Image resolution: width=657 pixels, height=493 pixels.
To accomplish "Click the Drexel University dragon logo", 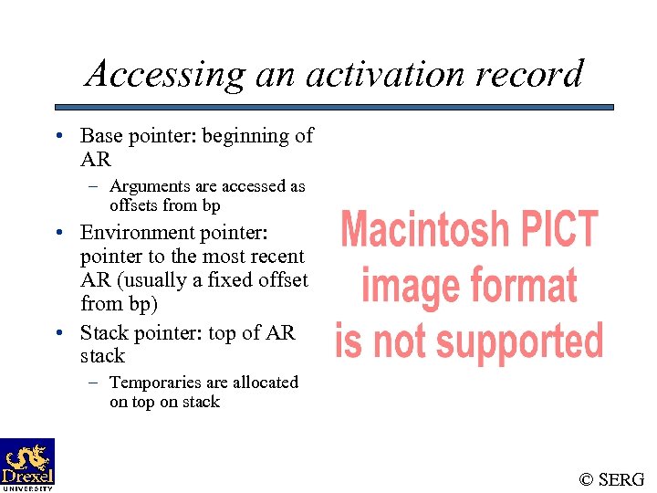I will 27,462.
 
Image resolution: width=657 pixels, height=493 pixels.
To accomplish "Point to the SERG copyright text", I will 611,478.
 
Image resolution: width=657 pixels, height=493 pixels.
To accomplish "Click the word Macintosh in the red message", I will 423,230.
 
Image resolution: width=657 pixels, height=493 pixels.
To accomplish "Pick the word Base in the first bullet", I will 101,136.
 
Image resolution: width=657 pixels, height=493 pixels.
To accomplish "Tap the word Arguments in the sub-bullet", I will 149,186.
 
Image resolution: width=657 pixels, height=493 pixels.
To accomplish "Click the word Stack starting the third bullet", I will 103,332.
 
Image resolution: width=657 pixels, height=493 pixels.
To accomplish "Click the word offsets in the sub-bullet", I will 133,205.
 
